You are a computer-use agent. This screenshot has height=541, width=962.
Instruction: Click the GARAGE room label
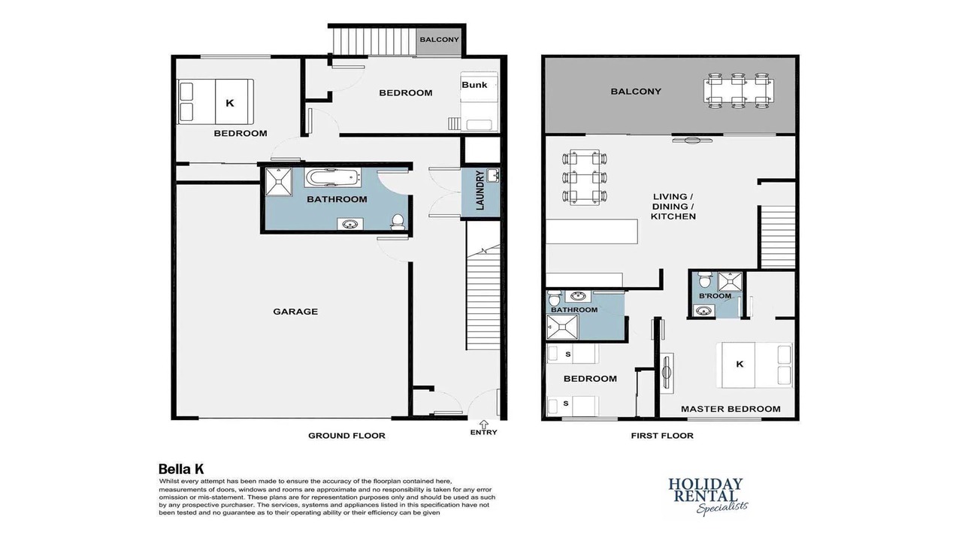coord(295,312)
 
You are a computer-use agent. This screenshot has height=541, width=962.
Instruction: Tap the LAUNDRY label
coord(480,190)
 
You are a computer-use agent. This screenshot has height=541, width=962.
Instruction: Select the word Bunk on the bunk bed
coord(474,85)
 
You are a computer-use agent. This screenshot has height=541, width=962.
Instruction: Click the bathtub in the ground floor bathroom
coord(332,177)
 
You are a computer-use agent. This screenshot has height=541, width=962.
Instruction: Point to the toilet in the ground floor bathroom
coord(398,222)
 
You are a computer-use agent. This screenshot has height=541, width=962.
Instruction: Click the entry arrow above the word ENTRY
coord(483,425)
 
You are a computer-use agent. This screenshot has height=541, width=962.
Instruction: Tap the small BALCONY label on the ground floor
coord(440,40)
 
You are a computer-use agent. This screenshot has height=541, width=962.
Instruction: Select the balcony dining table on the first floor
coord(739,91)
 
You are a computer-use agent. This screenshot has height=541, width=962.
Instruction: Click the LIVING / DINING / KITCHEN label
coord(673,207)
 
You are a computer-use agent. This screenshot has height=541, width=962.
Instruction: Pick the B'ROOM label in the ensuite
coord(715,296)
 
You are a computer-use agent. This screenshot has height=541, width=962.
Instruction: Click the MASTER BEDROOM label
coord(731,409)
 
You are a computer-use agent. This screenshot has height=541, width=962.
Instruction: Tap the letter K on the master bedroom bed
coord(740,364)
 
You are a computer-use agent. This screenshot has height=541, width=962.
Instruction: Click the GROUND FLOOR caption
coord(346,435)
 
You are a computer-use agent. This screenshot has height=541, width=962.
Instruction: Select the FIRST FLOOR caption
coord(662,435)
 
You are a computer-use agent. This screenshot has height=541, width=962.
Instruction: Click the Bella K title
coord(181,469)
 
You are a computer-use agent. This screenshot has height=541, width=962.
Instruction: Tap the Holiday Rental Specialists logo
coord(706,497)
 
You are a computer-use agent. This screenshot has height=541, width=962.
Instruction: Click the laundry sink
coord(494,176)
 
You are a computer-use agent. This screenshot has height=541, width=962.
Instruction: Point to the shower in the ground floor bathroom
coord(279,182)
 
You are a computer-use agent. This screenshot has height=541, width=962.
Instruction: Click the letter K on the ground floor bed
coord(230,103)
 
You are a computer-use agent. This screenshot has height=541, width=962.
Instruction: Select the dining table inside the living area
coord(585,177)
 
